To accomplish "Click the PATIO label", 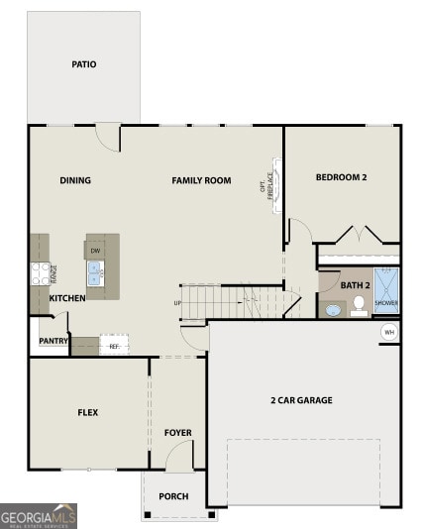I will [x=84, y=64].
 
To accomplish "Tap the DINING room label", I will [x=75, y=180].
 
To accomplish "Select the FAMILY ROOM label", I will [x=201, y=180].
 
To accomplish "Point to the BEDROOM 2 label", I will [x=342, y=177].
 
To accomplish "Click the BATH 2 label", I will [x=354, y=285].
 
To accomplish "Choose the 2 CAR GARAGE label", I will [x=301, y=400].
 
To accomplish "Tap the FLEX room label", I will [x=88, y=412].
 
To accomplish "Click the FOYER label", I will [x=178, y=433].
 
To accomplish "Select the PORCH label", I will [x=174, y=496].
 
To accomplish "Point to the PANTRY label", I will [x=53, y=342].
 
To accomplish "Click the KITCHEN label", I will [x=67, y=298].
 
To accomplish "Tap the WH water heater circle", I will [x=389, y=332].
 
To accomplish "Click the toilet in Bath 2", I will [x=359, y=306].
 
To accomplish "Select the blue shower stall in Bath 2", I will [x=386, y=291].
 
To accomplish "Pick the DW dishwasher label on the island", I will [x=95, y=252].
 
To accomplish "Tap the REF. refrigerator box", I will [x=114, y=346].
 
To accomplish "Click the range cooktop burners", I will [x=41, y=271].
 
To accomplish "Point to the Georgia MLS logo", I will [x=39, y=516].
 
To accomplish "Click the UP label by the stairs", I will [x=177, y=303].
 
